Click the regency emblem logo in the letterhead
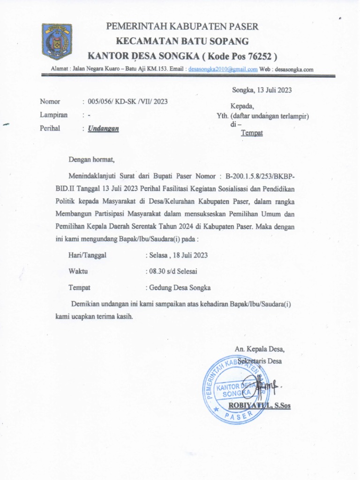pyautogui.click(x=57, y=41)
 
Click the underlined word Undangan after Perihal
pyautogui.click(x=103, y=128)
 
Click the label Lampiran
pyautogui.click(x=53, y=115)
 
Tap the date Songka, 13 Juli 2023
pyautogui.click(x=262, y=90)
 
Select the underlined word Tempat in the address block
pyautogui.click(x=252, y=133)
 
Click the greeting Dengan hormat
pyautogui.click(x=91, y=159)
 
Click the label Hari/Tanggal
pyautogui.click(x=88, y=255)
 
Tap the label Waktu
pyautogui.click(x=78, y=271)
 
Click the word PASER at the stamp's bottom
pyautogui.click(x=236, y=416)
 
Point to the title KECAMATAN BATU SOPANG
pyautogui.click(x=182, y=41)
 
